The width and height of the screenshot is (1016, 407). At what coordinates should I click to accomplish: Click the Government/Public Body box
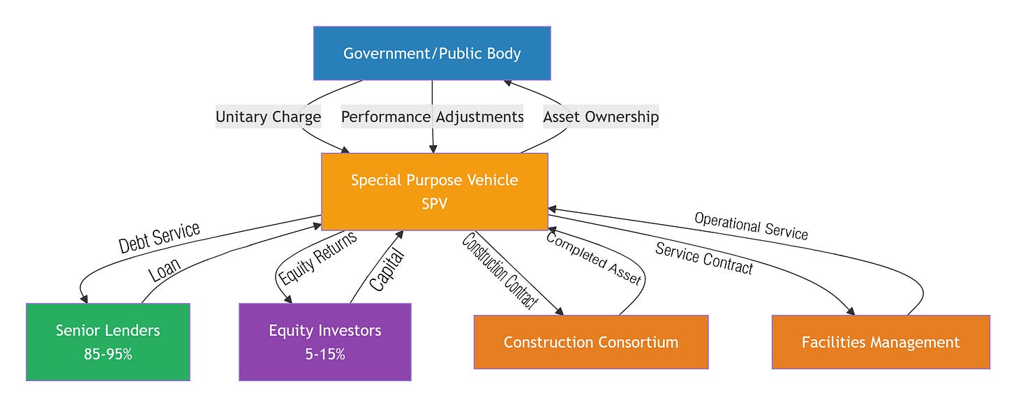point(432,53)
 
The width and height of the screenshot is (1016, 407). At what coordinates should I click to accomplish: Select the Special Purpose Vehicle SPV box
point(435,191)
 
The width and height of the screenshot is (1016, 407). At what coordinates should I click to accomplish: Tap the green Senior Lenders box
point(108,341)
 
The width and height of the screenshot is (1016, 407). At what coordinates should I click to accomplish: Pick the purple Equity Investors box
point(324,341)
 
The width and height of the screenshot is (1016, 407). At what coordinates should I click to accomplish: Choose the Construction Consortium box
point(591,342)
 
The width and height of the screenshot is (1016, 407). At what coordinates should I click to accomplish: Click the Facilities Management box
point(881,342)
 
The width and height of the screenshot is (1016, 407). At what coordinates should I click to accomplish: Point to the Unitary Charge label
point(268,117)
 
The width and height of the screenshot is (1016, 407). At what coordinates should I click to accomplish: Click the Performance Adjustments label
point(432,117)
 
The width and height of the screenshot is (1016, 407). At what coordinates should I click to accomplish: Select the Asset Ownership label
point(601,117)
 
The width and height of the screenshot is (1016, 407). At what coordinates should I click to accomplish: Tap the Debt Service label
point(159,237)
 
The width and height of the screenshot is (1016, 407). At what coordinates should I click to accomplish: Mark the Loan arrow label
point(164,270)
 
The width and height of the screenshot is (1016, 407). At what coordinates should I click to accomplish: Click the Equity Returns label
point(317,258)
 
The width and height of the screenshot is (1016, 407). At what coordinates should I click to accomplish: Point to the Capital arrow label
point(387,270)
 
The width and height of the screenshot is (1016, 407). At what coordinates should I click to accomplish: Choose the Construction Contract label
point(500,271)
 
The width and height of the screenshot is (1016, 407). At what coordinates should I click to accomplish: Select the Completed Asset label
point(594,258)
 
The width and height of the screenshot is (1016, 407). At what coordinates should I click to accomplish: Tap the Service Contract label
point(704,258)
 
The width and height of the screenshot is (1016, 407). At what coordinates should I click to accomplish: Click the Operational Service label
point(751,226)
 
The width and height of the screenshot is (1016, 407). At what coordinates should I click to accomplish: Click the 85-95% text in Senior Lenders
point(108,354)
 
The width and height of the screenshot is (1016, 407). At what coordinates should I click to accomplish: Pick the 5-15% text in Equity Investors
point(324,354)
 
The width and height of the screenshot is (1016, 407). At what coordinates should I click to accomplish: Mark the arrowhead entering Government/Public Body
point(507,82)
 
